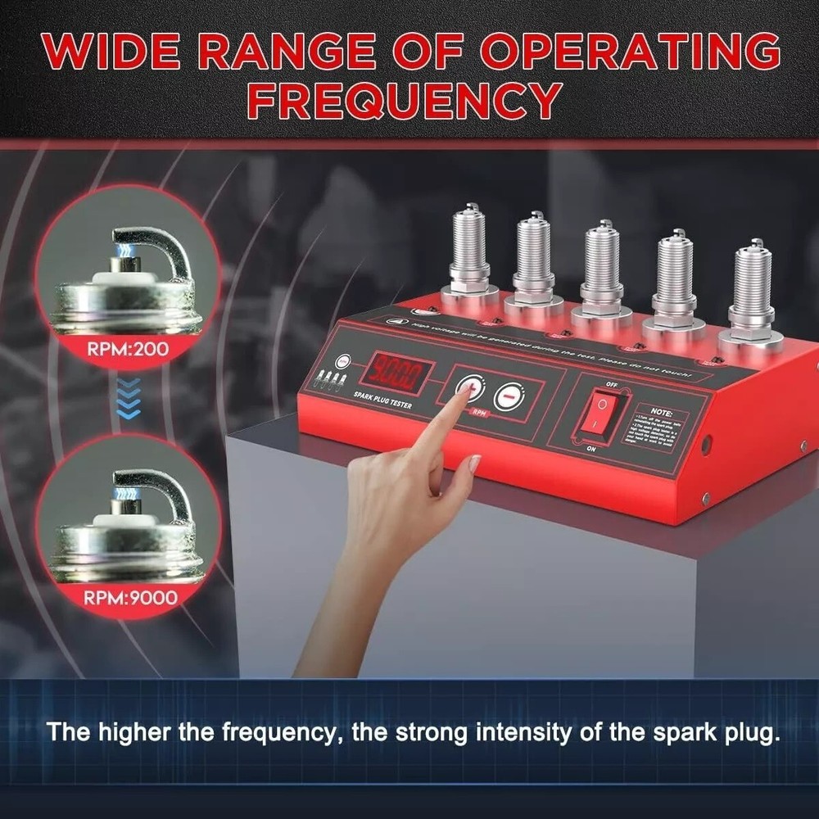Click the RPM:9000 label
tap(129, 597)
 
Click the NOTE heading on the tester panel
tap(661, 412)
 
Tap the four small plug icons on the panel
tap(329, 379)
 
